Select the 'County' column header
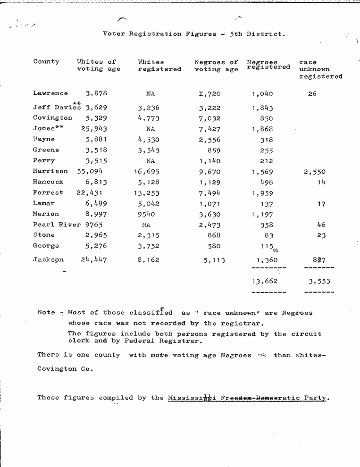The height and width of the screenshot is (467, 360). pos(46,62)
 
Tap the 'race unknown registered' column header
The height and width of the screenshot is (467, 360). pos(321,69)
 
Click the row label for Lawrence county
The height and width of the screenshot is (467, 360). pos(50,93)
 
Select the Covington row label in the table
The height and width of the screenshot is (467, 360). pos(52,118)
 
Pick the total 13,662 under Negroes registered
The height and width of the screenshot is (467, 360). pos(264,282)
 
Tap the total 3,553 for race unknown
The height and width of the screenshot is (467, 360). pos(319,282)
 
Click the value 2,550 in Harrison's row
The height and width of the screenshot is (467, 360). pos(314,172)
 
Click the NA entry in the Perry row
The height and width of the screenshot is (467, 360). pos(151,161)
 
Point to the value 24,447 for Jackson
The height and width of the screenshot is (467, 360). pos(93,259)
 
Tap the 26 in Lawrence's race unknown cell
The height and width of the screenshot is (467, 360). pos(312,94)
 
